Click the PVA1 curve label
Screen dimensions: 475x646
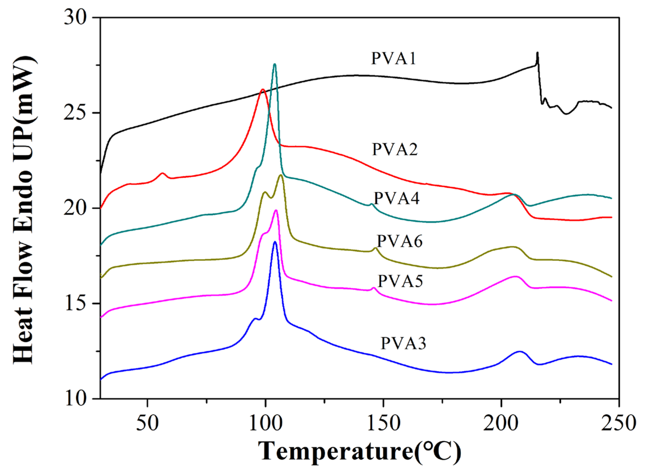393,58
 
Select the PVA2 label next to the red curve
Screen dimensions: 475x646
394,149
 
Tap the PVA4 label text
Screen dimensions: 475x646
396,198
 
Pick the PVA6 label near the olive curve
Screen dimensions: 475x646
400,241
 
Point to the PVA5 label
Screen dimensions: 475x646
400,281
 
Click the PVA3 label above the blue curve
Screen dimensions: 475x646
403,343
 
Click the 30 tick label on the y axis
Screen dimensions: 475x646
75,18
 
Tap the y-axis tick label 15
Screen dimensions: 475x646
75,303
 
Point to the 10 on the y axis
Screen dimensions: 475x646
76,399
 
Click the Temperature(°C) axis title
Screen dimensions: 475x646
359,451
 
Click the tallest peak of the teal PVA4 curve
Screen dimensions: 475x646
274,64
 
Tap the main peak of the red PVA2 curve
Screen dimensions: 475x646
262,90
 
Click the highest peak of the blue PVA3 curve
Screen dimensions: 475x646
275,242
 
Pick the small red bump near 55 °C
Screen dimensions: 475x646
163,173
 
